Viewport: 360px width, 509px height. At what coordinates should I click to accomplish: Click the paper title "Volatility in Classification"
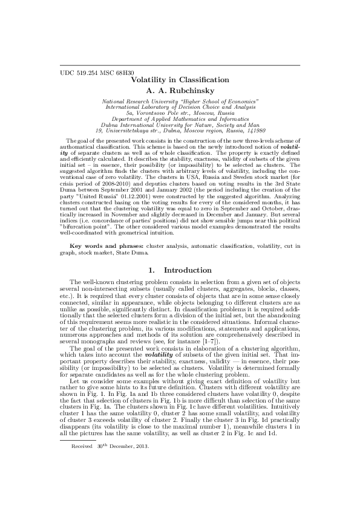180,80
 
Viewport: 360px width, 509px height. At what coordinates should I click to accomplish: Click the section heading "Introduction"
188,270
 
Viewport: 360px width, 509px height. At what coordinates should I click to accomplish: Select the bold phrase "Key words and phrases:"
106,247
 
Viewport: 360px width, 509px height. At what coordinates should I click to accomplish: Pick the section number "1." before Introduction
152,270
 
